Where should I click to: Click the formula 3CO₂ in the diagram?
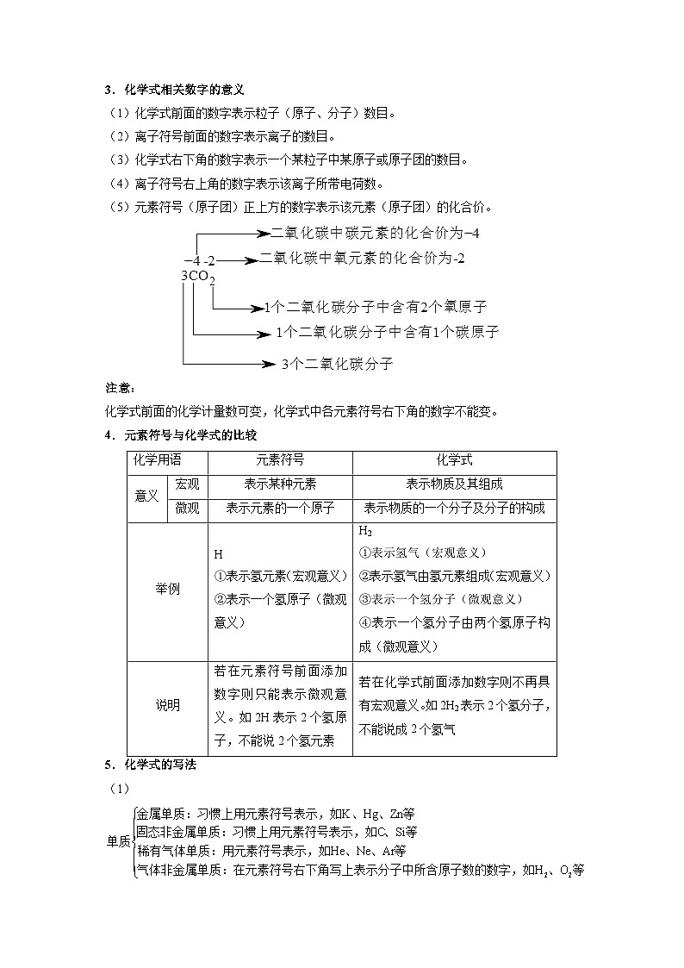(x=197, y=276)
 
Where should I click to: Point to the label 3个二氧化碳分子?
(x=337, y=365)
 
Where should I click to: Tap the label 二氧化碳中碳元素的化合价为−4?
(x=375, y=233)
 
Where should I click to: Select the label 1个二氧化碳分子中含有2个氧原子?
(x=376, y=307)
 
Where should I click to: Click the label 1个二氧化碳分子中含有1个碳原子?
(x=387, y=332)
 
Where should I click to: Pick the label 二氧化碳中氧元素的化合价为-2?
(x=368, y=258)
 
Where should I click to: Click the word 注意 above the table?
(x=114, y=390)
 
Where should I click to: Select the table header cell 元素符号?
(x=280, y=461)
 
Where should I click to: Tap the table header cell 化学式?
(x=454, y=461)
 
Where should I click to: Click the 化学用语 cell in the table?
(x=156, y=461)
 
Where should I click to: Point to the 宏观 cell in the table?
(x=187, y=484)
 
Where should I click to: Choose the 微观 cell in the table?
(x=187, y=509)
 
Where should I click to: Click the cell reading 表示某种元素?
(x=280, y=484)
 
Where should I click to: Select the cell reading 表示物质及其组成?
(x=454, y=484)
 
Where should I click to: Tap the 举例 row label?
(x=167, y=590)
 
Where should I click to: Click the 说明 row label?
(x=167, y=705)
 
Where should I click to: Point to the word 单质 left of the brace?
(x=118, y=841)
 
